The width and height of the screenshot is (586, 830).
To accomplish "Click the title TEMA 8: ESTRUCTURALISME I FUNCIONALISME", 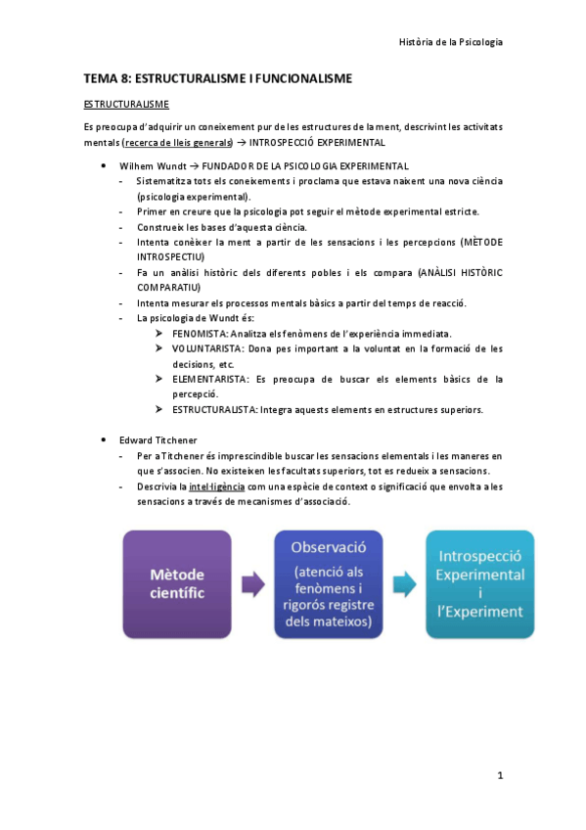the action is (x=217, y=77).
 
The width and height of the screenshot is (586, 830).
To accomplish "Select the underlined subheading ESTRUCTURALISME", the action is (x=125, y=103).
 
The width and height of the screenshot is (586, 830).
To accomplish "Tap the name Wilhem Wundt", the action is (x=151, y=166).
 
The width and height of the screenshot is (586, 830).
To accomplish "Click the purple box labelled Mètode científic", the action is (x=177, y=584).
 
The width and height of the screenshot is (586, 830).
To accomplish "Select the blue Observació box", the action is (x=329, y=583).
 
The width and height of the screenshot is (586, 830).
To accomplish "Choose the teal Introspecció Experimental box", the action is (x=479, y=583).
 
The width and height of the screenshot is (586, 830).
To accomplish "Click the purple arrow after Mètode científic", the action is (x=252, y=585).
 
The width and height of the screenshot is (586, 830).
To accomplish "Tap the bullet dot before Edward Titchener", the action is (x=104, y=439).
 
